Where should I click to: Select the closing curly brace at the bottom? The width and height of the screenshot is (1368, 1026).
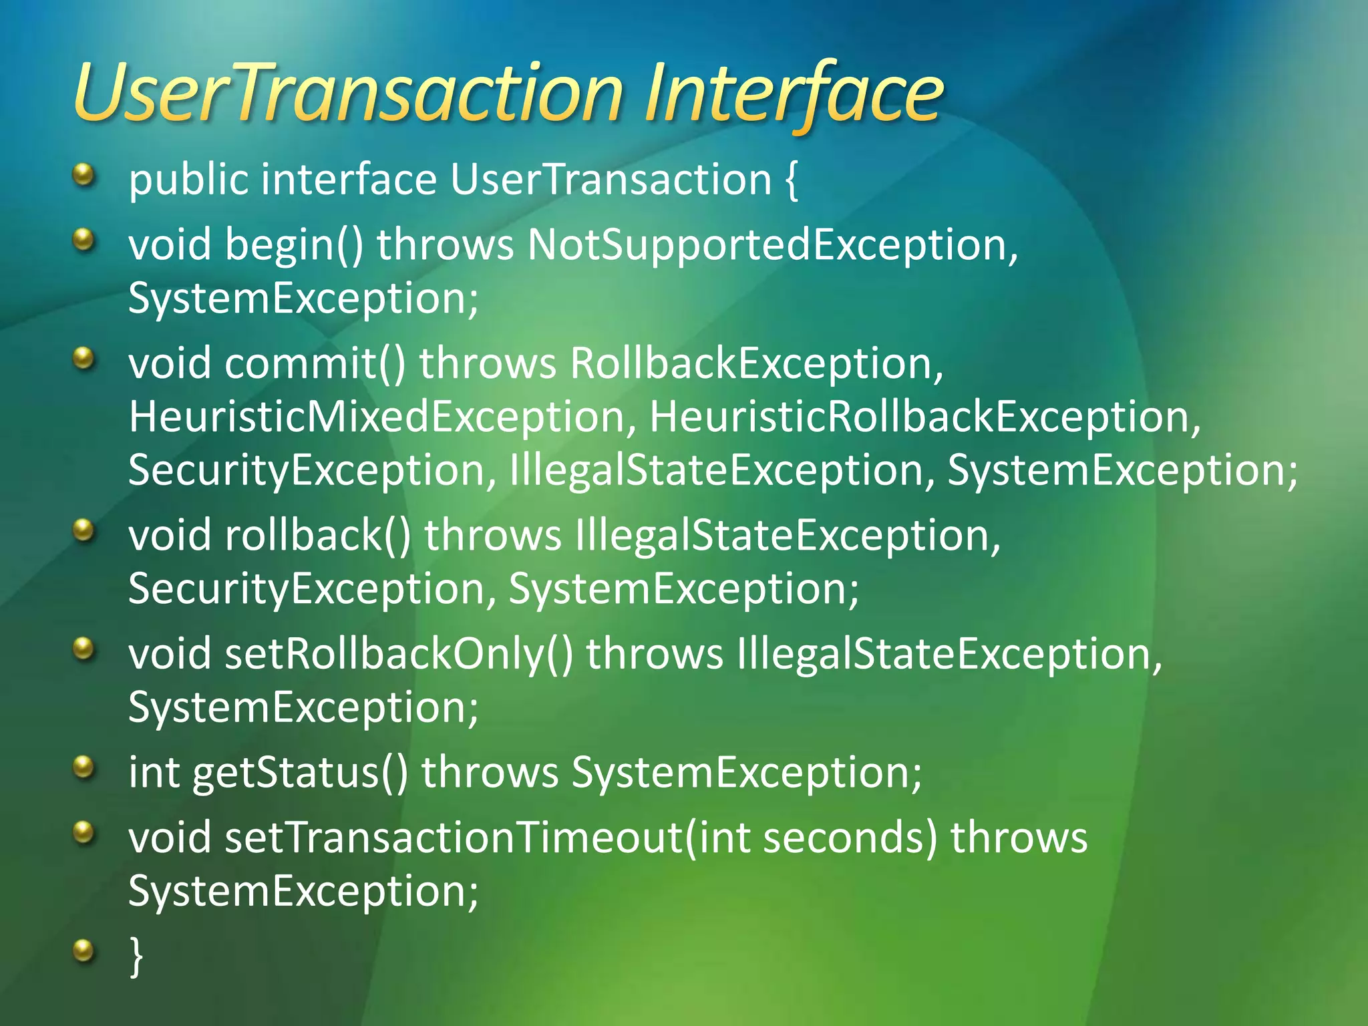point(136,957)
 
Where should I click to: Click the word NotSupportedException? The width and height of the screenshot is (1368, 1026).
point(772,244)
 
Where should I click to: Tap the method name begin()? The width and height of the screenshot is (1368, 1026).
point(294,244)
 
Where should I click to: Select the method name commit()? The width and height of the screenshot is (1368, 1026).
point(315,364)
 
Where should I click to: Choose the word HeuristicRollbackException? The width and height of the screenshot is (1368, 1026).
point(924,417)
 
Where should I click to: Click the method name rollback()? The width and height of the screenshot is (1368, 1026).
point(317,536)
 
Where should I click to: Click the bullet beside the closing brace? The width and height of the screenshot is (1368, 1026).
point(83,950)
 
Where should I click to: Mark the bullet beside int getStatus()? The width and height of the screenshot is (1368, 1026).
point(83,767)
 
